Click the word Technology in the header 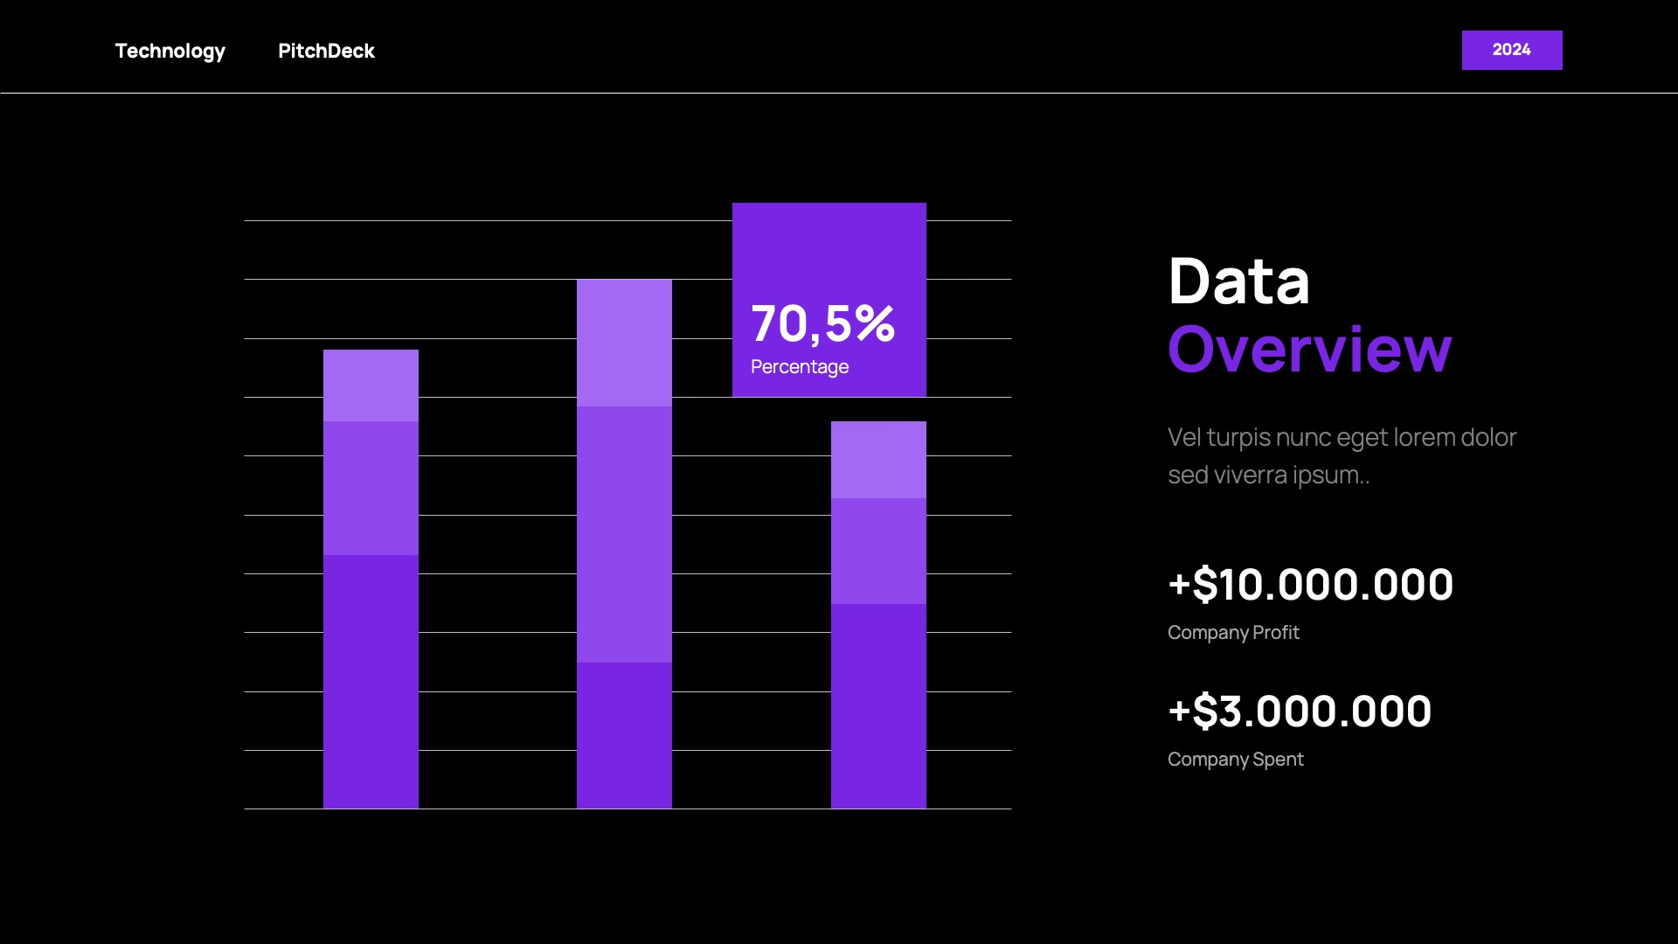tap(170, 51)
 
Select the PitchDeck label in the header tap(326, 51)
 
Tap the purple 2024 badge tap(1511, 50)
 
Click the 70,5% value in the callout tap(822, 323)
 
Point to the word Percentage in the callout tap(799, 367)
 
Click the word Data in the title tap(1238, 281)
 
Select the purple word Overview tap(1309, 350)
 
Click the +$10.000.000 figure tap(1310, 584)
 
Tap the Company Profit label tap(1232, 632)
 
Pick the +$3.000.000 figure tap(1300, 711)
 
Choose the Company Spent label tap(1235, 759)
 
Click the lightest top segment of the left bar tap(371, 385)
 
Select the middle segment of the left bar tap(371, 488)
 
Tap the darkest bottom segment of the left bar tap(371, 682)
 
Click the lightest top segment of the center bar tap(624, 343)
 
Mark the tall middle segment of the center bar tap(624, 534)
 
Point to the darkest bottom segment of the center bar tap(624, 735)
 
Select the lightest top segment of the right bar tap(878, 460)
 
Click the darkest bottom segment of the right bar tap(878, 706)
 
